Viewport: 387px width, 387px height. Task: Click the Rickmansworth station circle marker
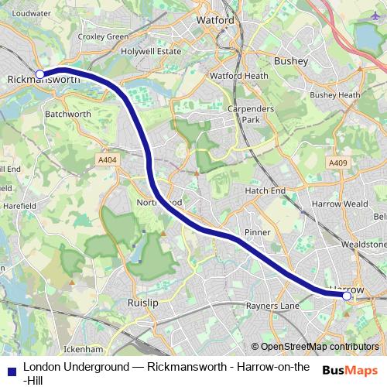[x=40, y=75]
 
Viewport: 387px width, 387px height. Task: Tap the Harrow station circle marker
[x=347, y=296]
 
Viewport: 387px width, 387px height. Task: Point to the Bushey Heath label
[x=335, y=95]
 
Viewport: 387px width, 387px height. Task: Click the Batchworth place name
[x=69, y=113]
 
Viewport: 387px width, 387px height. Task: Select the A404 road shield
[x=108, y=160]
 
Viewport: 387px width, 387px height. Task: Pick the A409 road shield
[x=338, y=163]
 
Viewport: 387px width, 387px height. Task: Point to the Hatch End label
[x=265, y=190]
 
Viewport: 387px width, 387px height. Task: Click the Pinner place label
[x=258, y=232]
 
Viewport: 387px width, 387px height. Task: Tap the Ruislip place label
[x=143, y=302]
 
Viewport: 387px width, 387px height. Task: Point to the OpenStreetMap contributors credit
[x=315, y=347]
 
